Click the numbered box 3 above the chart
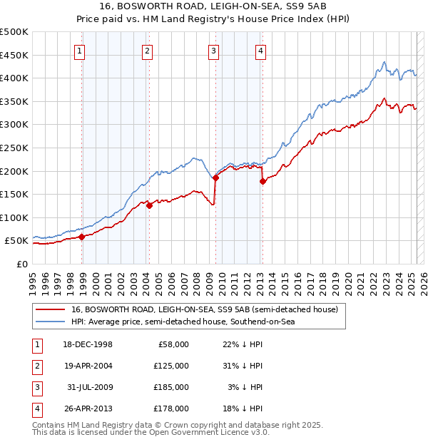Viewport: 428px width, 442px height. click(x=213, y=51)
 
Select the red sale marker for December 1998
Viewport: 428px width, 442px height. click(x=82, y=237)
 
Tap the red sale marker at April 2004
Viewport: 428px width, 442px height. click(x=149, y=205)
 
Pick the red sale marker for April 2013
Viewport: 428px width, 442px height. click(x=263, y=181)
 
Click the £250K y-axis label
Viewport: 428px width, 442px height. click(x=14, y=148)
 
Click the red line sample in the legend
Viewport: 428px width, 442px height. click(x=50, y=309)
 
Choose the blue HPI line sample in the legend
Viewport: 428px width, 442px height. click(x=50, y=322)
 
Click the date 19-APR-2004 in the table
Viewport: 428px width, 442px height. click(x=88, y=366)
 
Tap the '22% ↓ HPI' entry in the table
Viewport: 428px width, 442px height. click(x=238, y=344)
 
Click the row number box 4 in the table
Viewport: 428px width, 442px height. click(x=35, y=408)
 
